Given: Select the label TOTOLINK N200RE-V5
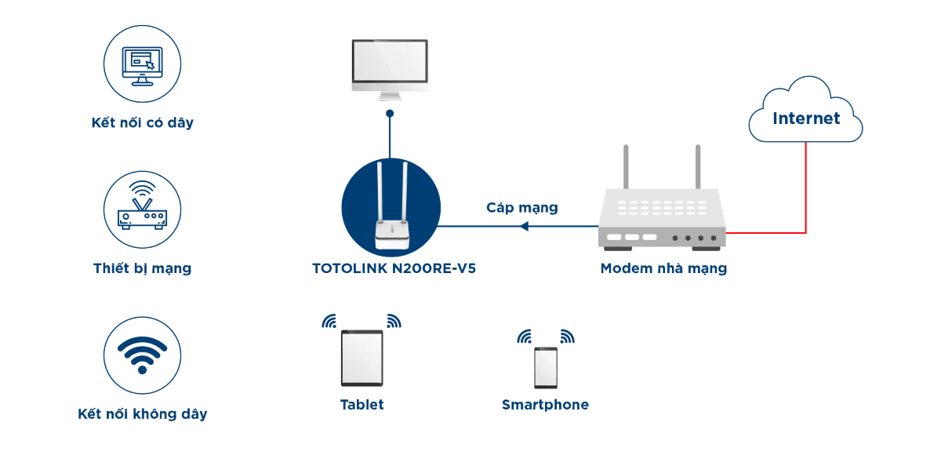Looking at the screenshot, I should (394, 268).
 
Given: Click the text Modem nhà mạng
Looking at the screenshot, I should (663, 268).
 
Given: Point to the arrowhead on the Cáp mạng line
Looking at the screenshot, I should (525, 227).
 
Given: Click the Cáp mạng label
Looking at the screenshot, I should (522, 208).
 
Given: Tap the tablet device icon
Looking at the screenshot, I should (362, 358).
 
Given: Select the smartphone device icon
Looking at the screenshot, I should (546, 367).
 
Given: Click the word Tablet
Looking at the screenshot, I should (362, 405).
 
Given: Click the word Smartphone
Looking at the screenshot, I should (545, 405).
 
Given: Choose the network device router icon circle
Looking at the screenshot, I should (143, 210).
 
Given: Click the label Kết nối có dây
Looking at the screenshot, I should (142, 123).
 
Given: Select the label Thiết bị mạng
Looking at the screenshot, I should (142, 268).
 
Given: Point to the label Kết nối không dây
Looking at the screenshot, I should (143, 413).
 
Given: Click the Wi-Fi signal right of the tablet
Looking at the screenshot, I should (394, 321).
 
